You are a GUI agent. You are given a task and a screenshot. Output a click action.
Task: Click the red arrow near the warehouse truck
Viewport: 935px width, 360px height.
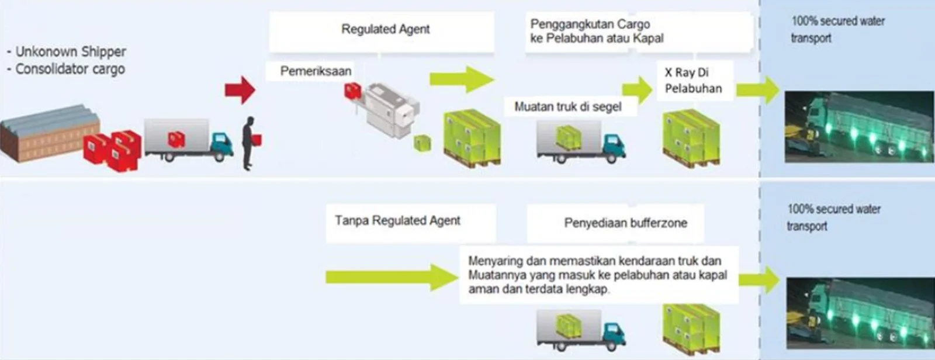click(240, 90)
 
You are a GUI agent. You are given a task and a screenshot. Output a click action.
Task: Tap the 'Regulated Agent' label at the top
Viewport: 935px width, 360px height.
click(385, 29)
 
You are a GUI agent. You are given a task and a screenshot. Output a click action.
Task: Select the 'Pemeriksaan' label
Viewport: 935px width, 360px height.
click(316, 71)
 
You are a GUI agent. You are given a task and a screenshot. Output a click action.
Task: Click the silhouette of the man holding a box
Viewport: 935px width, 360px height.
click(249, 143)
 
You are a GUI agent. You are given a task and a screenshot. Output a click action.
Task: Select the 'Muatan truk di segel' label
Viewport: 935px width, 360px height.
click(567, 107)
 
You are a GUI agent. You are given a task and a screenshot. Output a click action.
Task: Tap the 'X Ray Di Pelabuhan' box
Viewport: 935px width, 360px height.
click(693, 81)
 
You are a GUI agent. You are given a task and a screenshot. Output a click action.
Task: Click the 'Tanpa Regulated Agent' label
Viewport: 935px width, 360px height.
click(397, 220)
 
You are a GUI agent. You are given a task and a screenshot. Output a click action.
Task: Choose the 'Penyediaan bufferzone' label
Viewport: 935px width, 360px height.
click(625, 223)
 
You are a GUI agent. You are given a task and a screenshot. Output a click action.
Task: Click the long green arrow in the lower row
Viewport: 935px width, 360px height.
click(391, 277)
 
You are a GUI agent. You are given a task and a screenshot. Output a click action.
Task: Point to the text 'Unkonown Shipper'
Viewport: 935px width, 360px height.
click(71, 52)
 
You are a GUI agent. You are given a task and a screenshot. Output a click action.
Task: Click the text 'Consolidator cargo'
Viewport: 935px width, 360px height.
click(70, 69)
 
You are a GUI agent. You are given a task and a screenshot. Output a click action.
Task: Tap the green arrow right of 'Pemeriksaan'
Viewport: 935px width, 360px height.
click(462, 79)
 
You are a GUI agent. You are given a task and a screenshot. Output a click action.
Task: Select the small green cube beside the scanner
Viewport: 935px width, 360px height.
click(423, 143)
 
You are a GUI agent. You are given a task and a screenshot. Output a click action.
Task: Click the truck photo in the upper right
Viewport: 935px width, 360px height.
click(859, 127)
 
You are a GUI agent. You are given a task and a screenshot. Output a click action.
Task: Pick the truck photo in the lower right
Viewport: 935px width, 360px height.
click(860, 313)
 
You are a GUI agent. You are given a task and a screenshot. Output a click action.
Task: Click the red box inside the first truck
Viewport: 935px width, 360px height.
click(176, 139)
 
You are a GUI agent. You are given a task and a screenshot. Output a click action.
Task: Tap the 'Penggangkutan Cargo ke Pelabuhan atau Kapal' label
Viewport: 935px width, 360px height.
click(597, 32)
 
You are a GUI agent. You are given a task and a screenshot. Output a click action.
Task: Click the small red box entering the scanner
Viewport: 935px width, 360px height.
click(353, 91)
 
